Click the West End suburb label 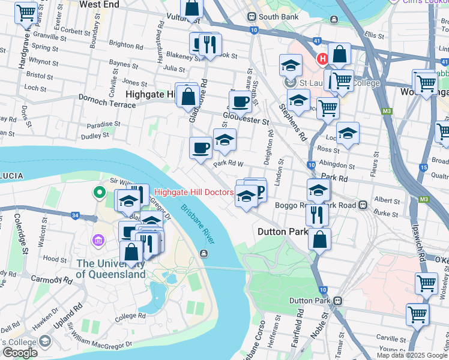pos(99,4)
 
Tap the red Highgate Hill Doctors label pos(194,193)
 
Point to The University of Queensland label pos(111,269)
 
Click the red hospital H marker pos(322,59)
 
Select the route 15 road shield pos(424,167)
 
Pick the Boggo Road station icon pos(363,205)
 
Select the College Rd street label pos(130,316)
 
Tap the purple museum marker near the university pos(97,240)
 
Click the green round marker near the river pos(97,193)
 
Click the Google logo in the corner pos(19,353)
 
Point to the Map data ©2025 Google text pos(412,355)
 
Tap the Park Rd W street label pos(228,163)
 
